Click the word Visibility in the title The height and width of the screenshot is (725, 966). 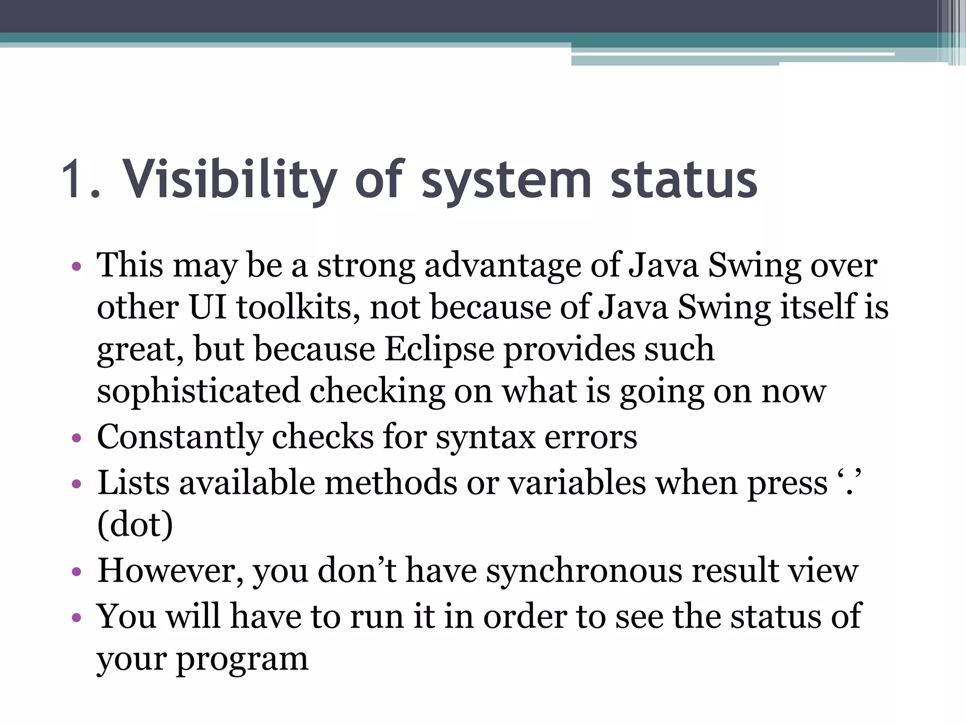coord(230,180)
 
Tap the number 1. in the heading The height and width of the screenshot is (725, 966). coord(81,180)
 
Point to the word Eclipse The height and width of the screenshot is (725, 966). coord(439,350)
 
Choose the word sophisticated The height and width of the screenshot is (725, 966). coord(198,392)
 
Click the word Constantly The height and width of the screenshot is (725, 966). coord(179,437)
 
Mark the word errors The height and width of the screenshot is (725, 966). coord(591,437)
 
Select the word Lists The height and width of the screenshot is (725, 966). coord(133,483)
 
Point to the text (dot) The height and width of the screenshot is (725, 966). coord(135,524)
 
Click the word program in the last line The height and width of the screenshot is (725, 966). coord(242,660)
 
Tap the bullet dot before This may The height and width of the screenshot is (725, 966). coord(76,267)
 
